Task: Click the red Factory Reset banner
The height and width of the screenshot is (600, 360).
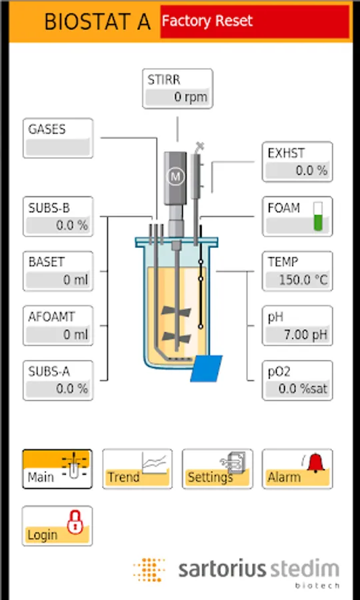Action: point(255,21)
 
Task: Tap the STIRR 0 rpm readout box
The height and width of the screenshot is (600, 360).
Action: point(177,89)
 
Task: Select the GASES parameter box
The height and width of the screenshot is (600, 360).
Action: point(58,138)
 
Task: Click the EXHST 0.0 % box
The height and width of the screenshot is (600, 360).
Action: point(297,162)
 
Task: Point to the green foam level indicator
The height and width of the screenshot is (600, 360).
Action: point(318,217)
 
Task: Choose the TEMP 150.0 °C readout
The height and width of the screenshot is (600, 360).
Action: point(297,271)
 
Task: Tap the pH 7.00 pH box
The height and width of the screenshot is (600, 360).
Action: point(297,325)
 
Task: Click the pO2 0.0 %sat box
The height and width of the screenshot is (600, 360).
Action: point(297,381)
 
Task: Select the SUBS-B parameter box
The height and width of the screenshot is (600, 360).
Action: point(58,217)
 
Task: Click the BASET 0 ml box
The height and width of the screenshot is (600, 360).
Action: point(58,271)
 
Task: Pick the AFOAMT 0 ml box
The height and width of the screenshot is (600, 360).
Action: point(58,325)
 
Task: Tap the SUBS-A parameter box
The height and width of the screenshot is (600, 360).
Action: point(58,381)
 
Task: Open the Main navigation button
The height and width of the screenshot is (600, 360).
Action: point(57,469)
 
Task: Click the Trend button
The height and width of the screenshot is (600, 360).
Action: point(137,469)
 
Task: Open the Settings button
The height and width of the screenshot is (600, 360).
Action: point(217,469)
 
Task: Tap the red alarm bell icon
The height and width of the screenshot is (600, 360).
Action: point(315,462)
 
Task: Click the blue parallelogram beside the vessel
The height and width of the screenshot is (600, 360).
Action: point(207,368)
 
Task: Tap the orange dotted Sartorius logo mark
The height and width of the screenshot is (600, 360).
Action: point(149,570)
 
